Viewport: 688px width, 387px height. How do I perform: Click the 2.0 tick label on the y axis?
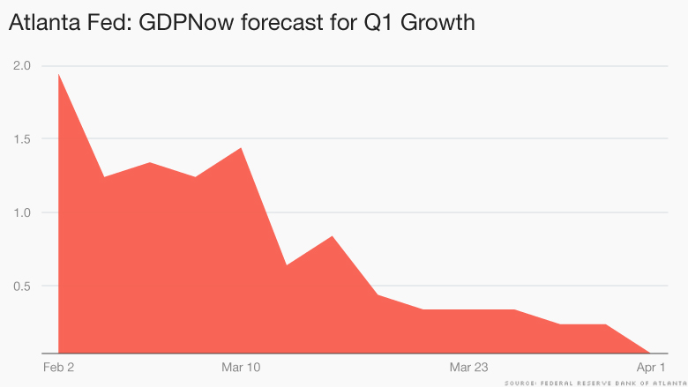tap(21, 65)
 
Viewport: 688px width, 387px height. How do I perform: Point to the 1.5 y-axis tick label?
tap(21, 138)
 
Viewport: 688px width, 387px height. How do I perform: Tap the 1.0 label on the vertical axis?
tap(21, 212)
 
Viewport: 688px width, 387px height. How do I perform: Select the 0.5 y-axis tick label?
tap(21, 286)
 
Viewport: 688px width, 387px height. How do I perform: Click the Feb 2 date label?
tap(57, 366)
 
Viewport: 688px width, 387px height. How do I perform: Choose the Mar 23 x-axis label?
tap(468, 366)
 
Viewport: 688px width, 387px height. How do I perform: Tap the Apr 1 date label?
tap(650, 366)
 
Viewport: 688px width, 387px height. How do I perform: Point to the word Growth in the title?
tap(437, 23)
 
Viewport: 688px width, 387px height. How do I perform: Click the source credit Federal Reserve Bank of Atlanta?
tap(592, 382)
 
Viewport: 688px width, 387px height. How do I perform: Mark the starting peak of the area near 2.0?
tap(58, 74)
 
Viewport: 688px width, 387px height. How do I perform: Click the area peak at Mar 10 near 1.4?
tap(241, 148)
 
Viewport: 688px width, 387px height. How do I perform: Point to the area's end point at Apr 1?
tap(651, 352)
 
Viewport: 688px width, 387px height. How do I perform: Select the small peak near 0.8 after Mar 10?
tap(332, 236)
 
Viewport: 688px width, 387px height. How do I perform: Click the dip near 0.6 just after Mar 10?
tap(287, 264)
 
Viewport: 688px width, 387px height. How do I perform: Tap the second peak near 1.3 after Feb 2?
tap(150, 163)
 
